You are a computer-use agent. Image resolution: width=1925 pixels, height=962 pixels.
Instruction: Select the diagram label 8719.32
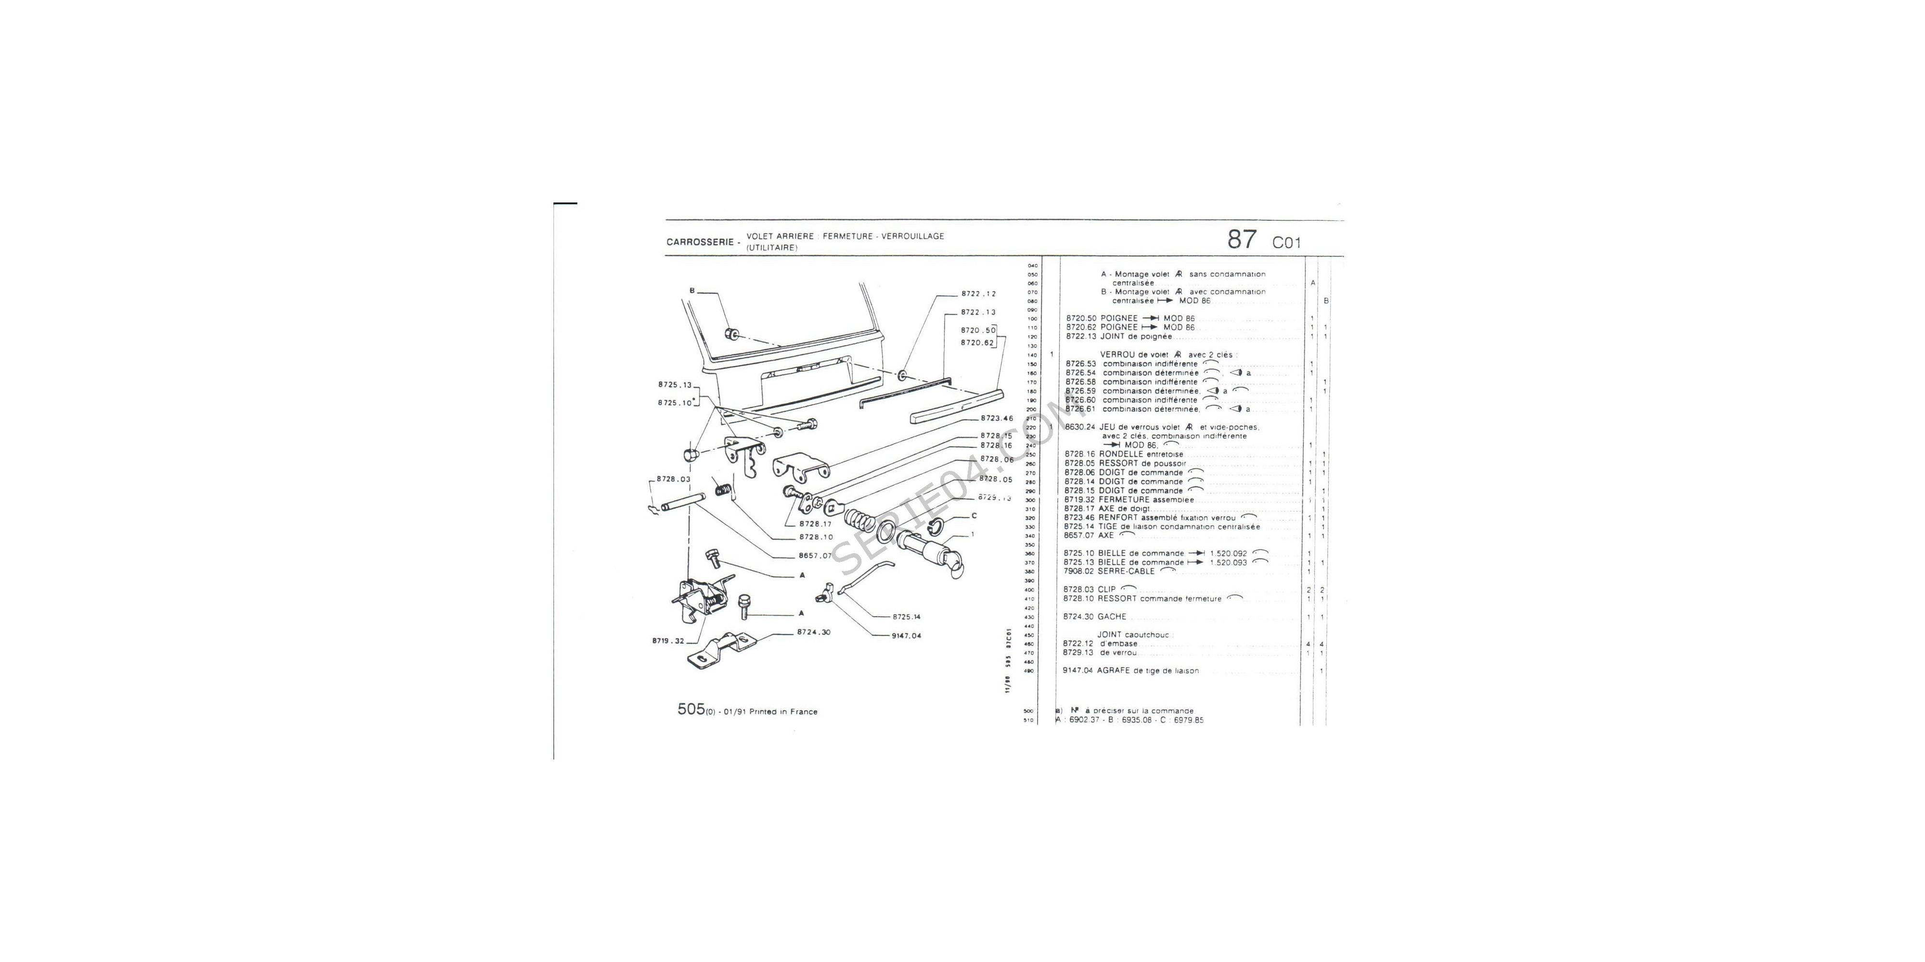pyautogui.click(x=668, y=641)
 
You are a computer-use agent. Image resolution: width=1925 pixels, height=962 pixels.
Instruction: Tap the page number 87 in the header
pyautogui.click(x=1242, y=240)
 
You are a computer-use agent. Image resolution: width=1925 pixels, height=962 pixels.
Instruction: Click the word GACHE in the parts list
pyautogui.click(x=1112, y=617)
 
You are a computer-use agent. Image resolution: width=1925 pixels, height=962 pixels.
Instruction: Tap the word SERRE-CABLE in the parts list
pyautogui.click(x=1126, y=571)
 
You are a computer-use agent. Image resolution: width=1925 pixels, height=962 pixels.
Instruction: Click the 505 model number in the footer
pyautogui.click(x=691, y=709)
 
